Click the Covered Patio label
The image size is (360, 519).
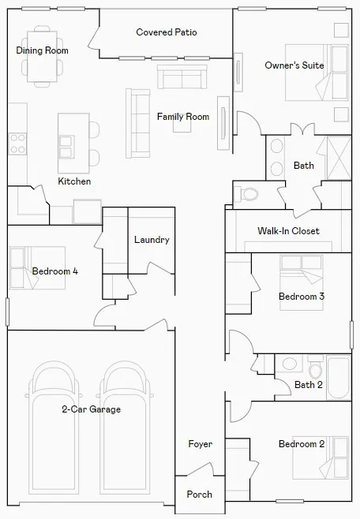pos(167,32)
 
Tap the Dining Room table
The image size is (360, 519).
pos(42,56)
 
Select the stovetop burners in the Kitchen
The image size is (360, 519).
pos(17,144)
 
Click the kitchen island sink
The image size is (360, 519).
pos(66,147)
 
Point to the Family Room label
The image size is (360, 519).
pos(183,117)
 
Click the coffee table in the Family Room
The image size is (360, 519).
pos(182,126)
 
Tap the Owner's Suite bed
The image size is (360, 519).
pos(317,73)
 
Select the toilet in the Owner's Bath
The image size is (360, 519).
pos(246,194)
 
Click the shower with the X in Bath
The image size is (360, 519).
pos(339,158)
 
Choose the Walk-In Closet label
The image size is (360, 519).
pos(288,230)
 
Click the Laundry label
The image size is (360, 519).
pos(152,240)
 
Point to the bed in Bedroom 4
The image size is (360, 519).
pos(37,267)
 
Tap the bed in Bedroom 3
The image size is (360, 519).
pos(302,282)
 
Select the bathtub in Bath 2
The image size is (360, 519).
pos(339,377)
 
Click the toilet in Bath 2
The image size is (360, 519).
pos(315,367)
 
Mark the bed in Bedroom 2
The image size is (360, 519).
pos(321,457)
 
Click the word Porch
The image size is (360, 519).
pos(200,495)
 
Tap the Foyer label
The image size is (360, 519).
pos(200,444)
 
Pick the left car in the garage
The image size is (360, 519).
pos(54,427)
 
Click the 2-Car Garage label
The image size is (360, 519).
pos(92,409)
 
